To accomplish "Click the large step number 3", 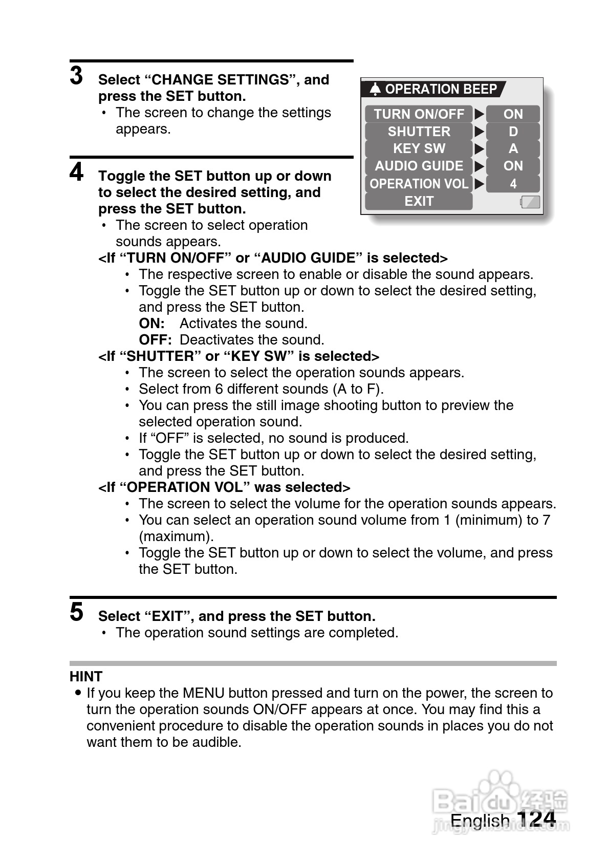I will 77,76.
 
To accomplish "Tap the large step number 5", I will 77,612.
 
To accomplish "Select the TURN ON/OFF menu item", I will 419,114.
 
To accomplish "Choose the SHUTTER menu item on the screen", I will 419,132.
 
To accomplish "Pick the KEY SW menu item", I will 419,148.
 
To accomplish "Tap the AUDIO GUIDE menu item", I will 419,166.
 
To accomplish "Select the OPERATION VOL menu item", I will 419,184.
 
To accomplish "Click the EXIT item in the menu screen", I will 419,201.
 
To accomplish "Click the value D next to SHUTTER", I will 513,132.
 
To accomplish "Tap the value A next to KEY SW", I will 513,148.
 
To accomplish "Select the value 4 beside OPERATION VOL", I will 513,184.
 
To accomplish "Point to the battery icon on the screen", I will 530,202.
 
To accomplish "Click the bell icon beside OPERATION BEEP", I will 375,89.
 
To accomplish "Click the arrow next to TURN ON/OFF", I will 479,114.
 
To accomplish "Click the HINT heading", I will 86,676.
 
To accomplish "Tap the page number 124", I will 536,819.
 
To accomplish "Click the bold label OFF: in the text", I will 155,340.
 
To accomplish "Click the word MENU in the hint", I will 204,693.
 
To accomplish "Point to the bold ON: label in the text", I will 151,324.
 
